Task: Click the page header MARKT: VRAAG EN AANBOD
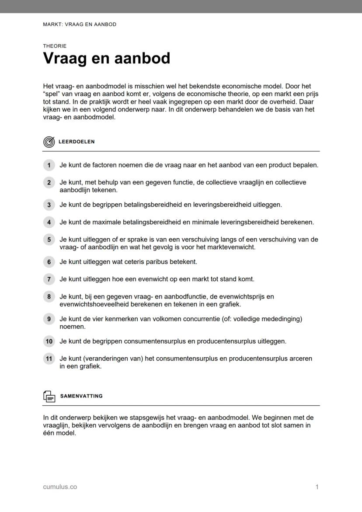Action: pos(80,24)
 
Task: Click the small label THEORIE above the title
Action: pos(55,46)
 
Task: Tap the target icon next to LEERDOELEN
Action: pos(49,142)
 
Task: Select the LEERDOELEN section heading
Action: pos(77,142)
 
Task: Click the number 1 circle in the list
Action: pos(49,165)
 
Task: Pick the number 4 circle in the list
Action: pos(49,222)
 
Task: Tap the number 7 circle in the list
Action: pos(49,279)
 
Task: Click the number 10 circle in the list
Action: pos(49,341)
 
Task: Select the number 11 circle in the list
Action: pos(49,359)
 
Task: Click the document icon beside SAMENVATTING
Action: pos(49,396)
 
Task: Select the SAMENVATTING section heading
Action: pos(81,396)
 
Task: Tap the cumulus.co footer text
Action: pos(60,487)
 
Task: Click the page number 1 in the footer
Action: pos(317,487)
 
